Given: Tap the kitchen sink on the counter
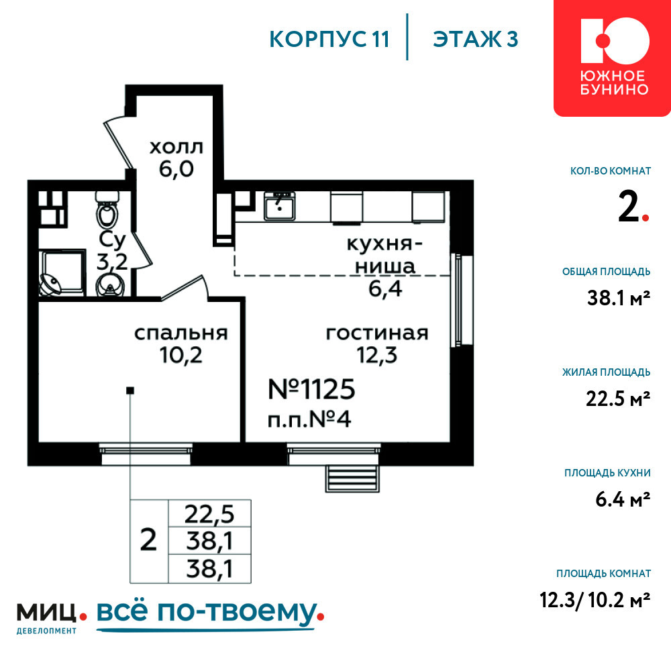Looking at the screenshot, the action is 279,206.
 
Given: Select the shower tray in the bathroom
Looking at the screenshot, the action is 62,272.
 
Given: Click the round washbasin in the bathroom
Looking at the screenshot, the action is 111,284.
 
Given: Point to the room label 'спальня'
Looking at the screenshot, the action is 181,333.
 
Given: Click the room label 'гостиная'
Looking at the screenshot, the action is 377,333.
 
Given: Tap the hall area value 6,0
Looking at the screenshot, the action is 176,170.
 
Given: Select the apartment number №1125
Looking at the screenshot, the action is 311,389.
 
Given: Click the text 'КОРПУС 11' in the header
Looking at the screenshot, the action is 329,39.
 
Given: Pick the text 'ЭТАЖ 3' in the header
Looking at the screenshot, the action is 476,39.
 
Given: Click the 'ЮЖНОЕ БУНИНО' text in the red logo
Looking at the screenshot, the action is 614,83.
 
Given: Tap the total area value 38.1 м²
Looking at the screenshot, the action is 619,298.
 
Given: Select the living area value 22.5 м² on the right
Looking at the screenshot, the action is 618,399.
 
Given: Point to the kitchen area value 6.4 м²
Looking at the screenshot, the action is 623,499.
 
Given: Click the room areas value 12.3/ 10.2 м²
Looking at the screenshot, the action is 595,600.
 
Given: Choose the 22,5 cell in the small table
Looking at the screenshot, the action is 209,513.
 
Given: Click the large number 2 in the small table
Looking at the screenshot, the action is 148,540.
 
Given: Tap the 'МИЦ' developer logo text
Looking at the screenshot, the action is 47,613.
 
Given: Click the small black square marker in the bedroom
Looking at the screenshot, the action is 131,391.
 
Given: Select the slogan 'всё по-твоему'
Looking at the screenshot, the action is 207,612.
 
